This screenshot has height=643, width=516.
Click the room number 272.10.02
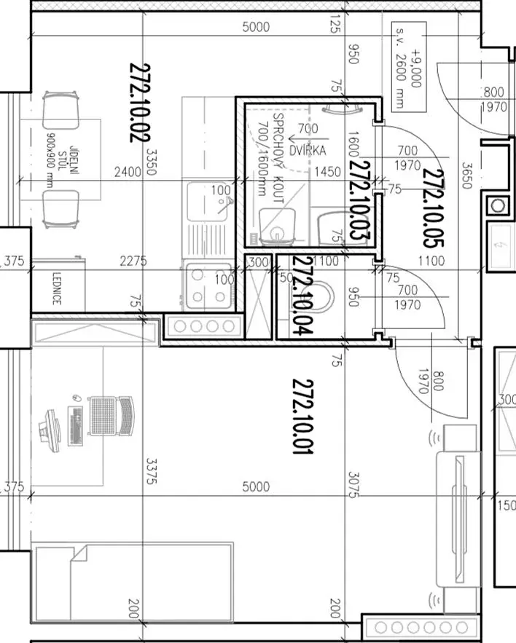[140, 103]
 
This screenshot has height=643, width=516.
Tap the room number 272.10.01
[302, 417]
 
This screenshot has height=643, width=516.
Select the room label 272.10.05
[433, 208]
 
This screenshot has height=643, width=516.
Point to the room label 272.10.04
[303, 295]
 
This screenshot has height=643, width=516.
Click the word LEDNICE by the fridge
[57, 288]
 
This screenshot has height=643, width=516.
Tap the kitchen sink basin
[207, 202]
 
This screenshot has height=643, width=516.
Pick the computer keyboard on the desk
[76, 425]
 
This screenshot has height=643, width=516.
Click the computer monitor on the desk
[50, 430]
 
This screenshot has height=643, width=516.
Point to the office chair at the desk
[112, 416]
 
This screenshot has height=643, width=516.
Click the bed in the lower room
[133, 583]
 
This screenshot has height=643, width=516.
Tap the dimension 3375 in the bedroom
[152, 470]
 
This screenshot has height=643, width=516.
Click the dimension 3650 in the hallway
[466, 175]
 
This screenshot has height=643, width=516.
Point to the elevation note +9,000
[417, 68]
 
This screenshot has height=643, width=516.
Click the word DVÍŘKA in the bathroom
[308, 151]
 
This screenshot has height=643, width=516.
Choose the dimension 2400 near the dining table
[128, 171]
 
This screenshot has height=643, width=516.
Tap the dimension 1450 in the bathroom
[327, 171]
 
